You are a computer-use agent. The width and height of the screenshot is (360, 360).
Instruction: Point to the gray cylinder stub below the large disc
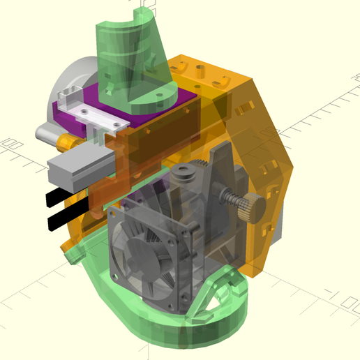tap(44, 131)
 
